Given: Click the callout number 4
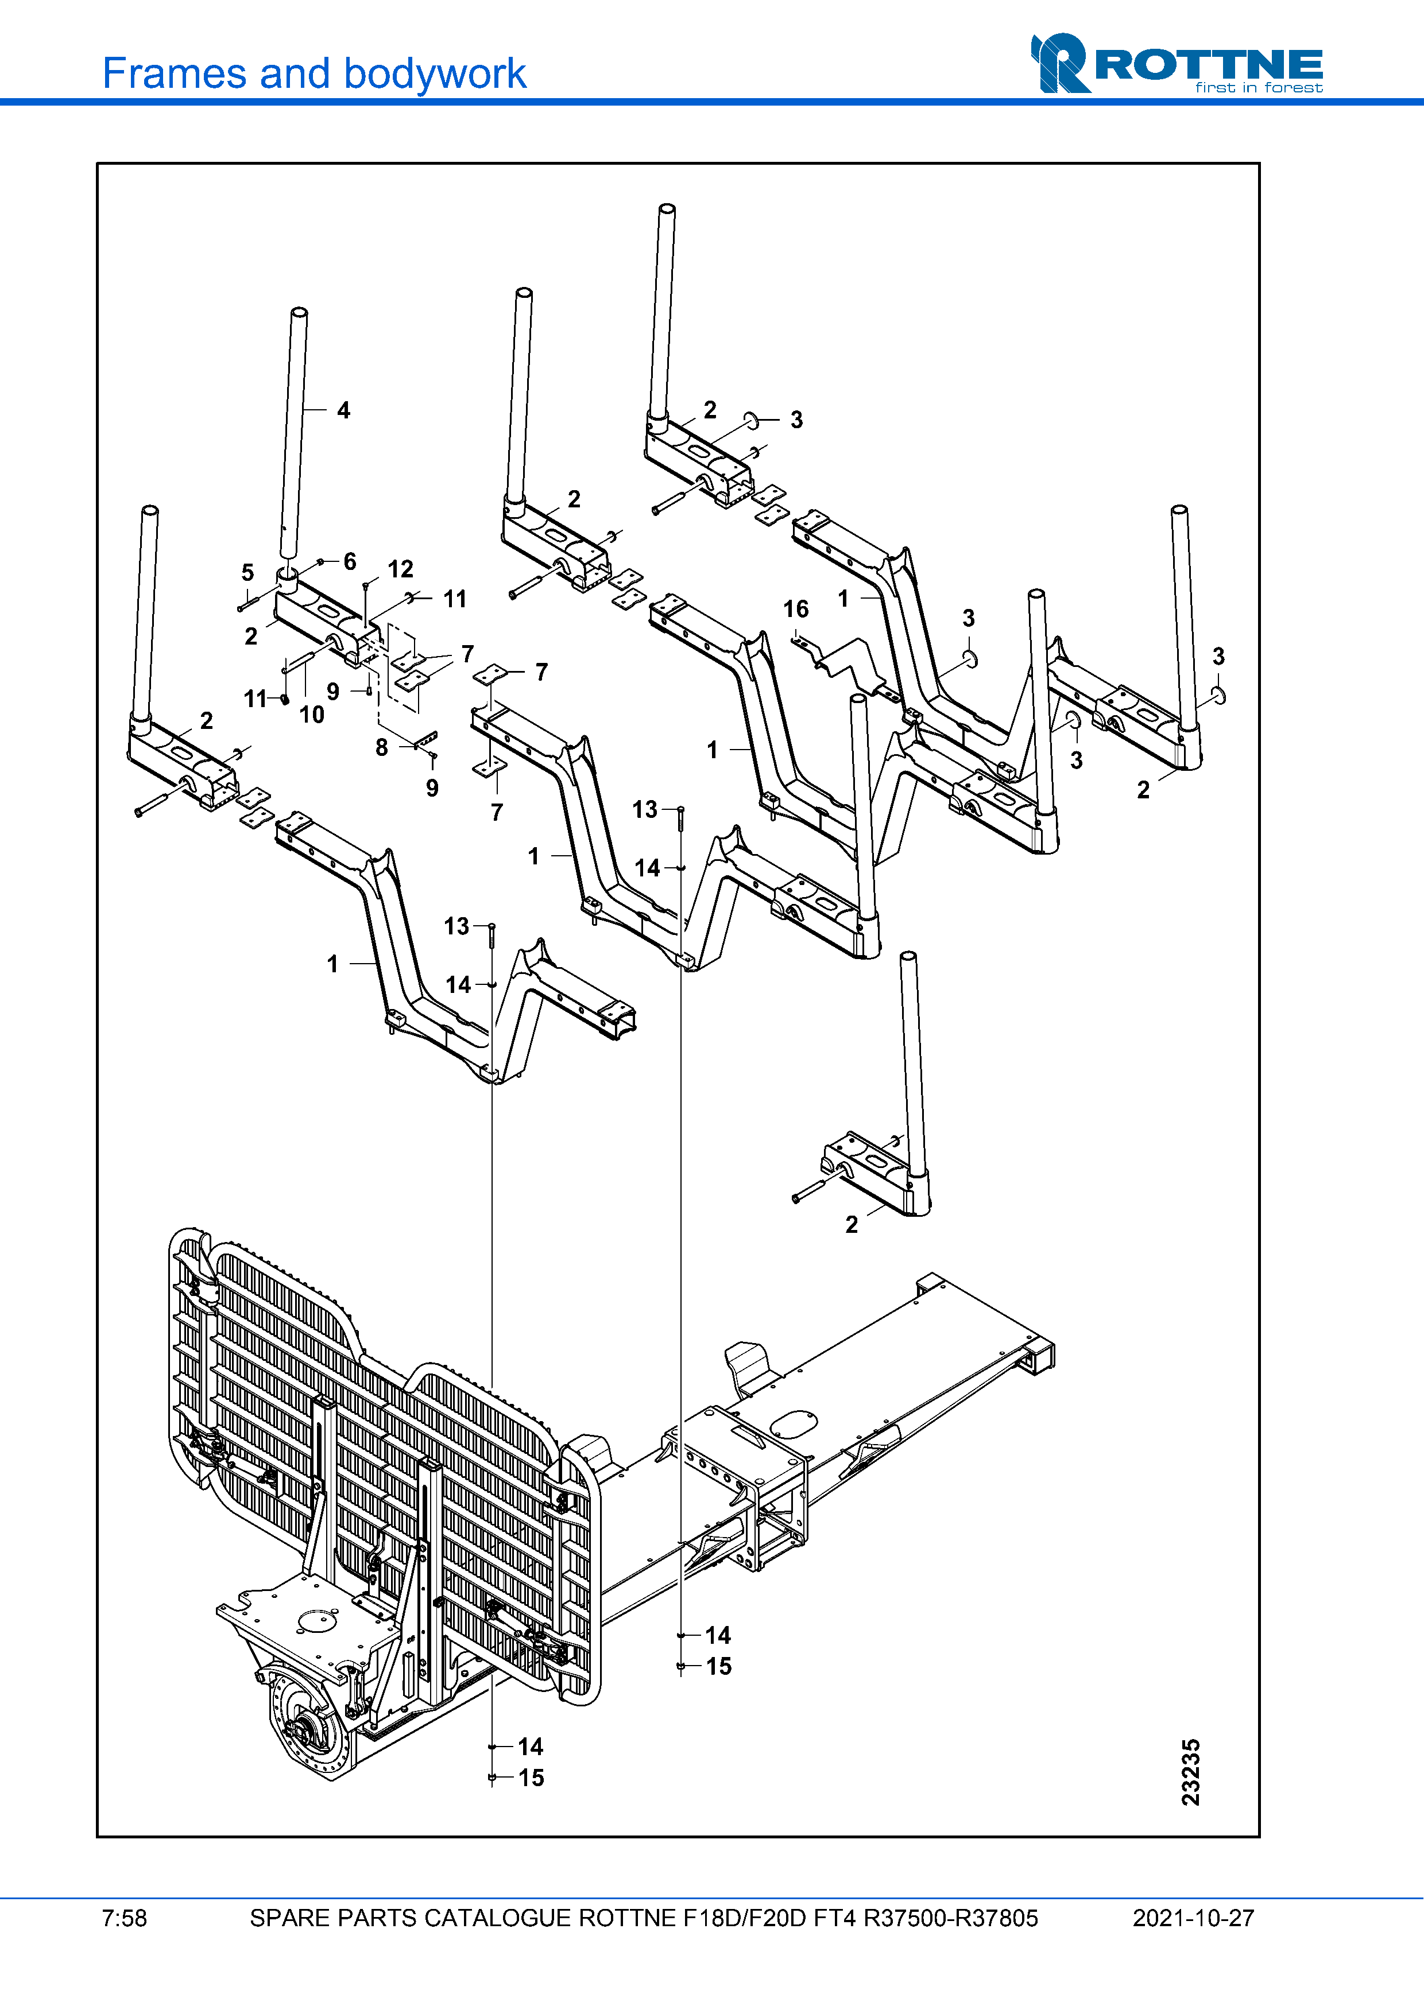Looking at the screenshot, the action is coord(343,410).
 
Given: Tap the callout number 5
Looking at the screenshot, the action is coord(247,573).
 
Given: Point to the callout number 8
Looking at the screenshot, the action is coord(382,747).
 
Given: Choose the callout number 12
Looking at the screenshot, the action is coord(400,569).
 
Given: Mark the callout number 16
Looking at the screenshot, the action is coord(796,609).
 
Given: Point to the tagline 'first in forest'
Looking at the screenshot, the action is coord(1259,88).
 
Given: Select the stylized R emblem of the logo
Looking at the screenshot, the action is coord(1060,63).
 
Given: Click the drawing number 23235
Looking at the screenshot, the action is coord(1191,1773).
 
